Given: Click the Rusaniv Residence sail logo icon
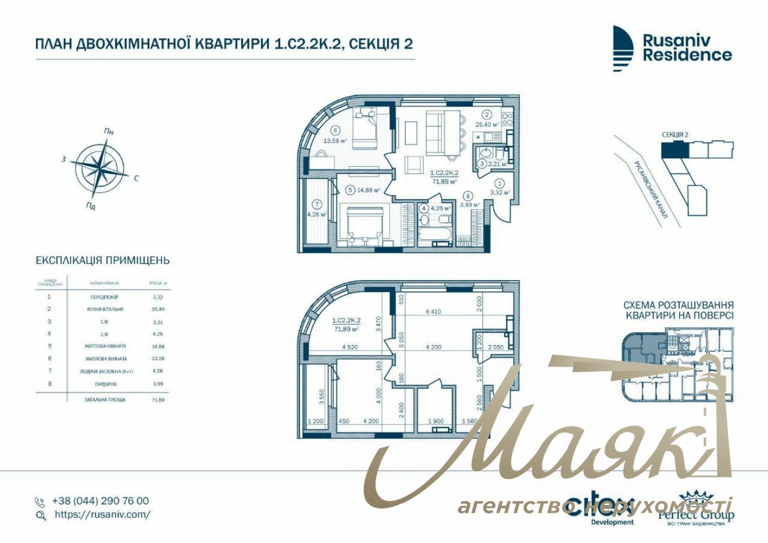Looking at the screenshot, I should coord(623,48).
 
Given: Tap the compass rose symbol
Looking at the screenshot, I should coord(103,168).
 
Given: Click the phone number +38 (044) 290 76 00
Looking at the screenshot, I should coord(100,501).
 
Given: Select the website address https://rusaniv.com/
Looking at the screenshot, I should coord(102,514).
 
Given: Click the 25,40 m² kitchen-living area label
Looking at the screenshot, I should coord(487,125).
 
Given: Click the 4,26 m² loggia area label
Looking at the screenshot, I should coord(317,214).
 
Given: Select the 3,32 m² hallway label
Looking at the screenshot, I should coord(500,193).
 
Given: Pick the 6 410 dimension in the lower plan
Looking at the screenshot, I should coord(433,312).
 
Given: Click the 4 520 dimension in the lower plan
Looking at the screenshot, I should coord(350,347).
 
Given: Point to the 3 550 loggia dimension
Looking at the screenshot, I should coord(322,397).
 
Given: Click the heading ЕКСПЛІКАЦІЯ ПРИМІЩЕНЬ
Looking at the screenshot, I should coord(103,261).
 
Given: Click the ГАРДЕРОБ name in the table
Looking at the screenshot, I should coord(104,384).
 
